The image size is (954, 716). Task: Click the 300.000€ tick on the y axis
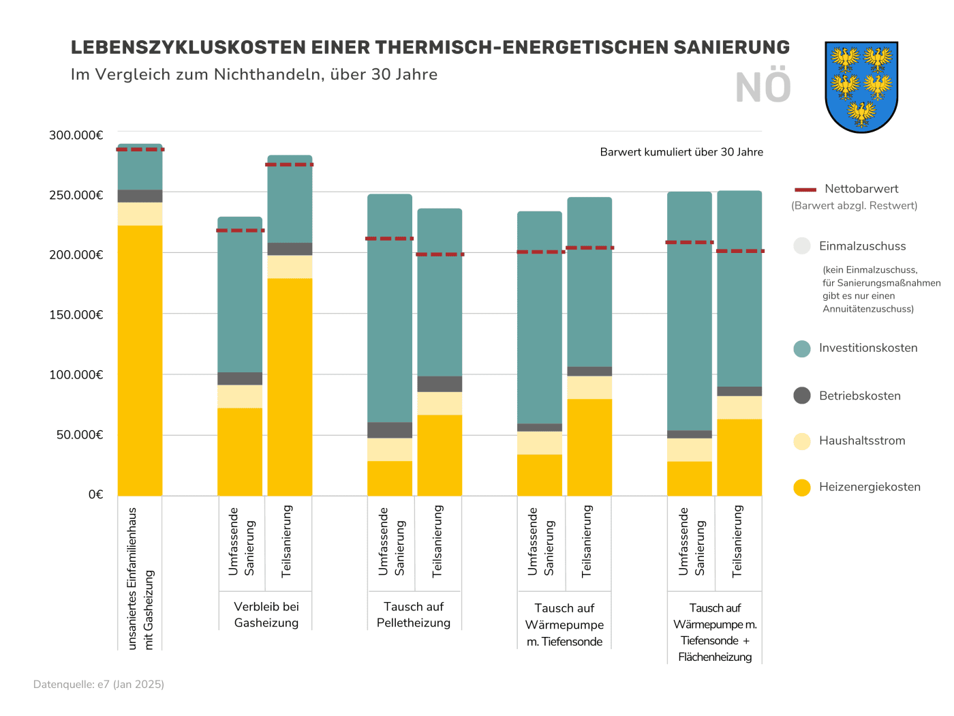[76, 135]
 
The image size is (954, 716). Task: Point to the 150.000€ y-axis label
[76, 314]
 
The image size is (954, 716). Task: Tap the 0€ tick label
[95, 494]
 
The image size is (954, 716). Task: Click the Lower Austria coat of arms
[861, 87]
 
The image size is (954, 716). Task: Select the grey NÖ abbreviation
[763, 88]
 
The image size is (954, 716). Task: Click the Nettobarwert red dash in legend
[805, 190]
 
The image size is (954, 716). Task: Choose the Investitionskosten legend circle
[802, 348]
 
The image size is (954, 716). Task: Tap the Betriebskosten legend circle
[802, 396]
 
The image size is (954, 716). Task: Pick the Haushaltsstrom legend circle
[802, 441]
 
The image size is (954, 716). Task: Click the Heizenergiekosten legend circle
[802, 488]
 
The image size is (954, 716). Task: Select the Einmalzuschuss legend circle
[802, 246]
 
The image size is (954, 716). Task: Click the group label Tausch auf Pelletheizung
[414, 614]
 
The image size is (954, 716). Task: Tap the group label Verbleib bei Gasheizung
[266, 614]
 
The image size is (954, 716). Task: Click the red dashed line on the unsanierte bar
[140, 149]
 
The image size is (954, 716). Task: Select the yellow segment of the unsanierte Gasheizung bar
[140, 361]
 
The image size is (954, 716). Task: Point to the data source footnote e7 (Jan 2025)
[99, 684]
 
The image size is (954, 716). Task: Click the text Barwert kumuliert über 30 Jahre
[681, 152]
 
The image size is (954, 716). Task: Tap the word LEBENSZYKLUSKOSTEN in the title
[188, 47]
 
